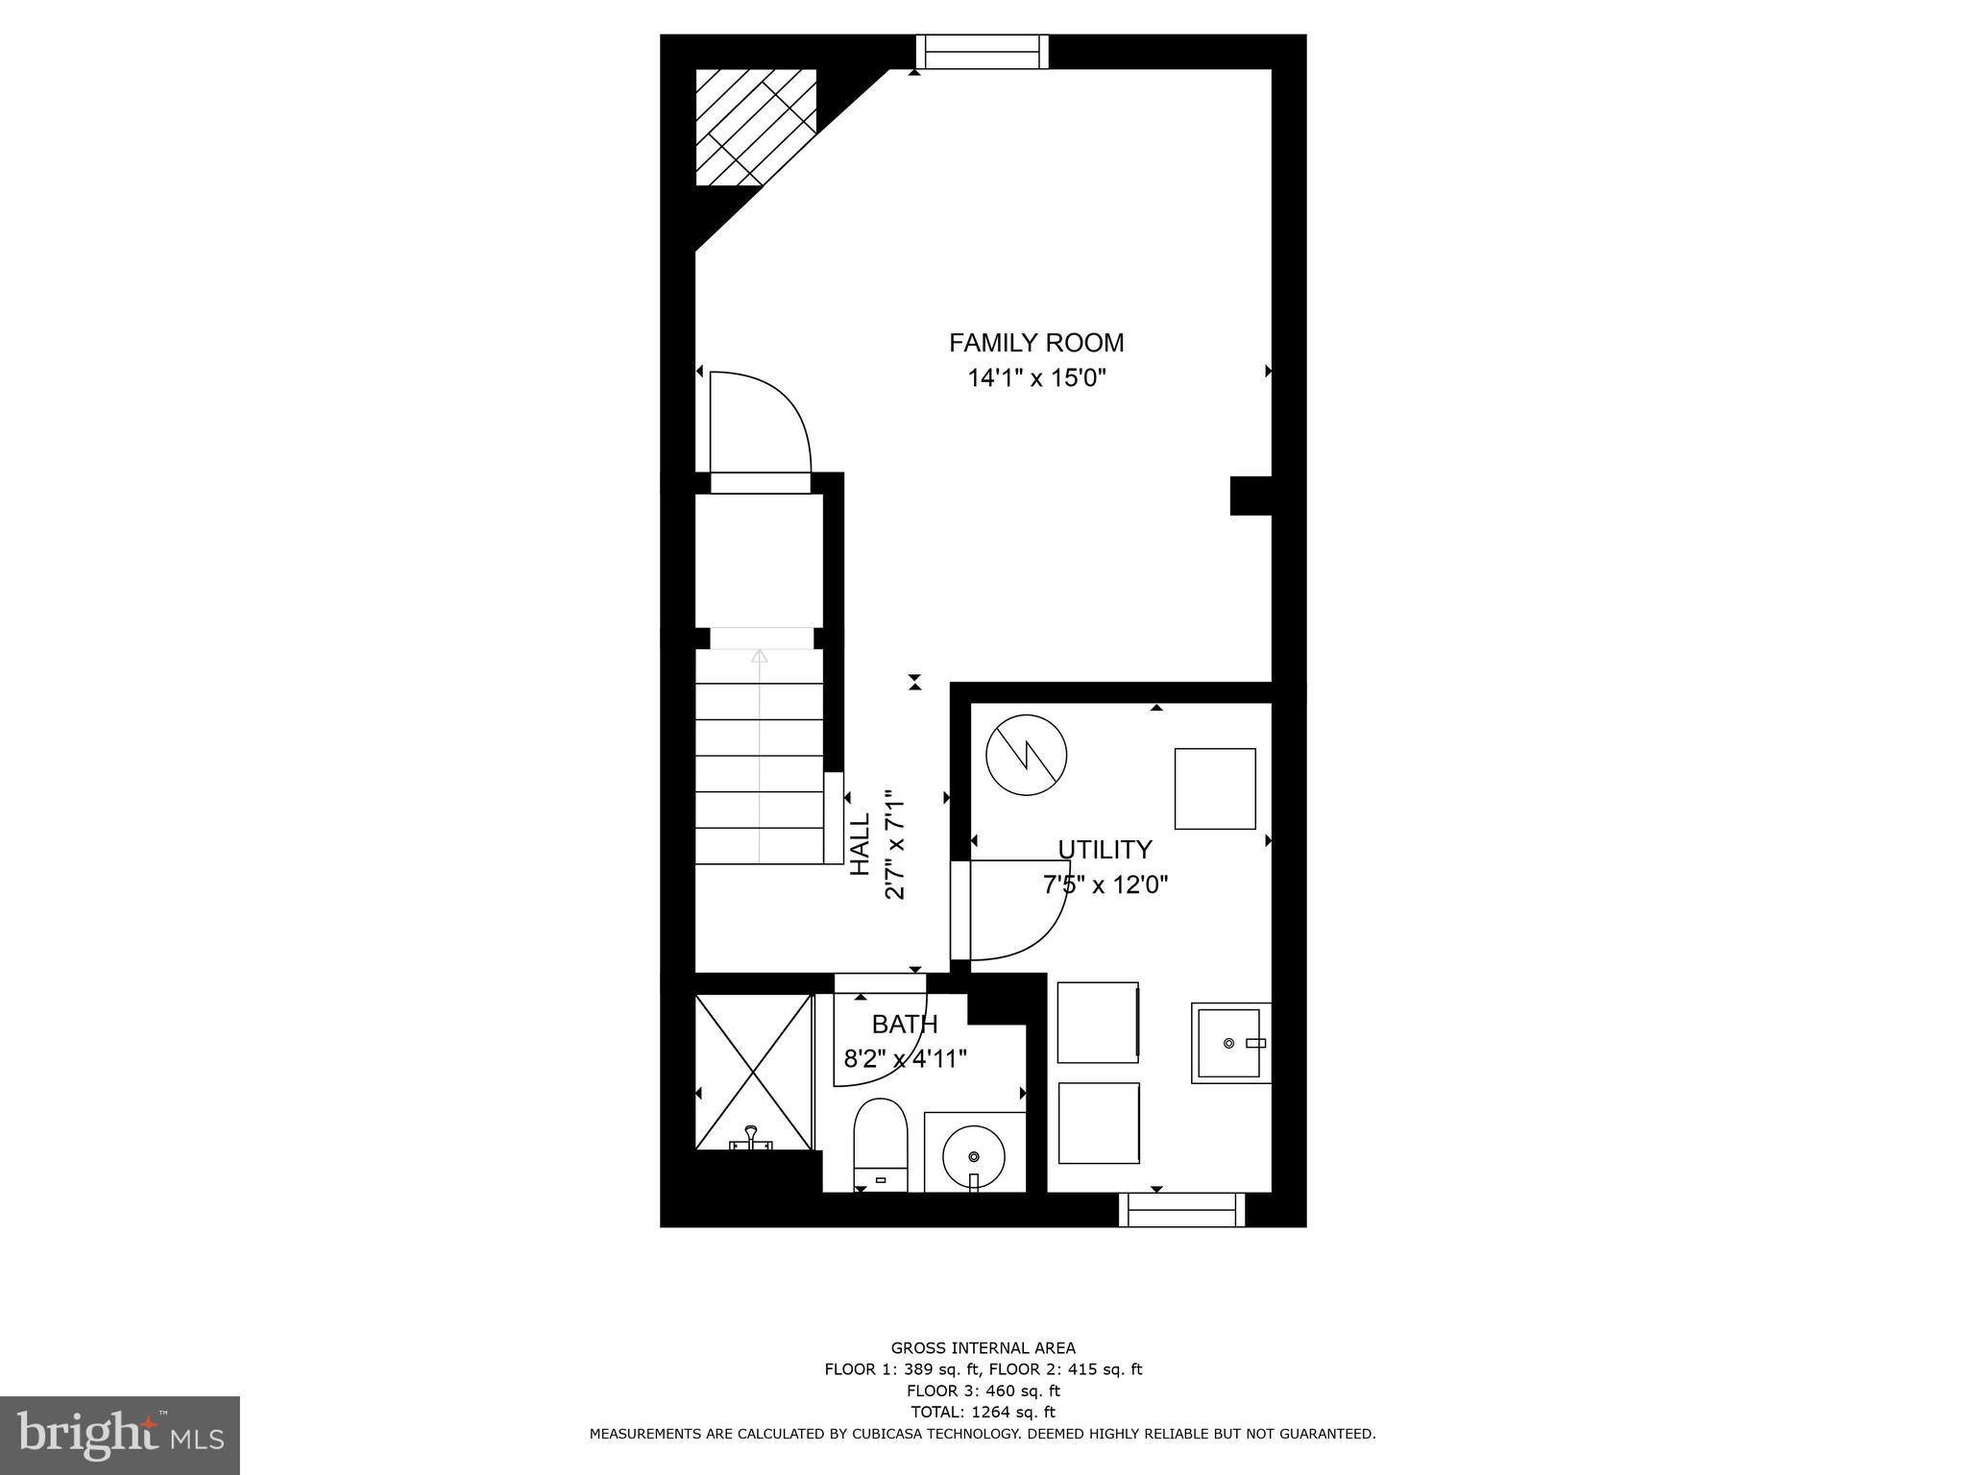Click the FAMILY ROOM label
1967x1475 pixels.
pyautogui.click(x=1035, y=343)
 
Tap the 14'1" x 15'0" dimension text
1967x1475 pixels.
pyautogui.click(x=1036, y=378)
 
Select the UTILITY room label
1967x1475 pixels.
pyautogui.click(x=1105, y=850)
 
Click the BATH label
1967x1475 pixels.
pyautogui.click(x=904, y=1025)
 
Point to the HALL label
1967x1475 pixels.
pyautogui.click(x=861, y=844)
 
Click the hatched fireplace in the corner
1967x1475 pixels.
pyautogui.click(x=755, y=127)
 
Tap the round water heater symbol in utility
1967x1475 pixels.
pyautogui.click(x=1027, y=755)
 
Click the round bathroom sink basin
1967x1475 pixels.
pyautogui.click(x=974, y=1155)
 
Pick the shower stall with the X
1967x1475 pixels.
pyautogui.click(x=754, y=1071)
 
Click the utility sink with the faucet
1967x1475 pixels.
pyautogui.click(x=1230, y=1043)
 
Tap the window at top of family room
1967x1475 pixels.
pyautogui.click(x=982, y=51)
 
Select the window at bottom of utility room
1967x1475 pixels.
pyautogui.click(x=1182, y=1210)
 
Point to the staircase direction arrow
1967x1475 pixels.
pyautogui.click(x=760, y=658)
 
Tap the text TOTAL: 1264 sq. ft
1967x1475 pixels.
pyautogui.click(x=983, y=1413)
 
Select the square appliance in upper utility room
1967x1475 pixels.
pyautogui.click(x=1215, y=788)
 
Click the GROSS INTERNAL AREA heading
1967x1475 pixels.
pyautogui.click(x=983, y=1348)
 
